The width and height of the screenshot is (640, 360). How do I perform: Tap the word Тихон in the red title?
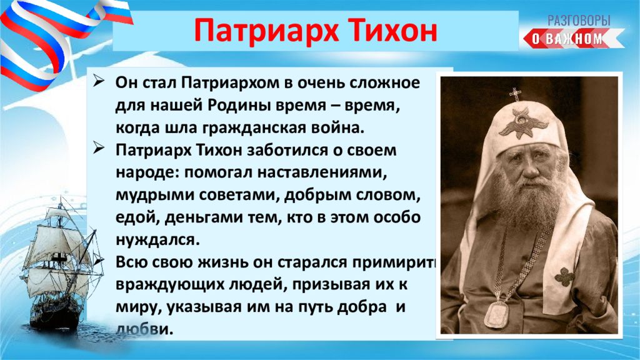click(x=392, y=30)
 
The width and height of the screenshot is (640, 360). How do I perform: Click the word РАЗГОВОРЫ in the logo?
click(x=579, y=20)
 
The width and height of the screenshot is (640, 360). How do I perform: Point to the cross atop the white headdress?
click(x=515, y=94)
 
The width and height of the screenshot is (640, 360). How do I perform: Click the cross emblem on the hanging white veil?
click(x=564, y=276)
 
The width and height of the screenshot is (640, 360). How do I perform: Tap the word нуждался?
click(x=157, y=239)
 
